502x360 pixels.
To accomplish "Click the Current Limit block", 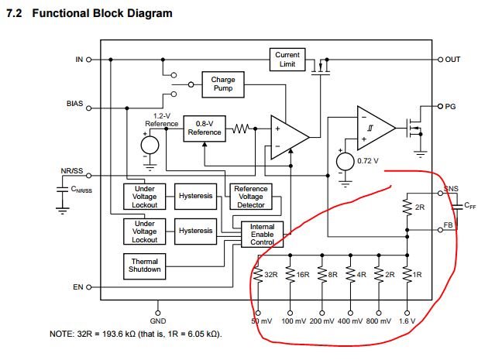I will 287,59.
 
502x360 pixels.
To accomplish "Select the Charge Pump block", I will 222,84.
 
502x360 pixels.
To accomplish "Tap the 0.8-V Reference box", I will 204,129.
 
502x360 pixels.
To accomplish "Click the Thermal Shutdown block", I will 145,266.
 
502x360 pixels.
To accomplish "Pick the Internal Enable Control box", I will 263,234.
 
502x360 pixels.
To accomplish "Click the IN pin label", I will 78,59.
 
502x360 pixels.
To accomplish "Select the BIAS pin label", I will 76,103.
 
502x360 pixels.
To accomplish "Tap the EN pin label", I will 77,287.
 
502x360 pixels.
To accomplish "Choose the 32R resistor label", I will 270,273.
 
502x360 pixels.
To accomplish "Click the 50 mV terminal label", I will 261,321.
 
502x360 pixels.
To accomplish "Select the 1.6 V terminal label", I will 407,321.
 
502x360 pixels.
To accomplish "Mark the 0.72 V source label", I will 368,160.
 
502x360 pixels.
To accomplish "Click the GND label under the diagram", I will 157,321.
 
